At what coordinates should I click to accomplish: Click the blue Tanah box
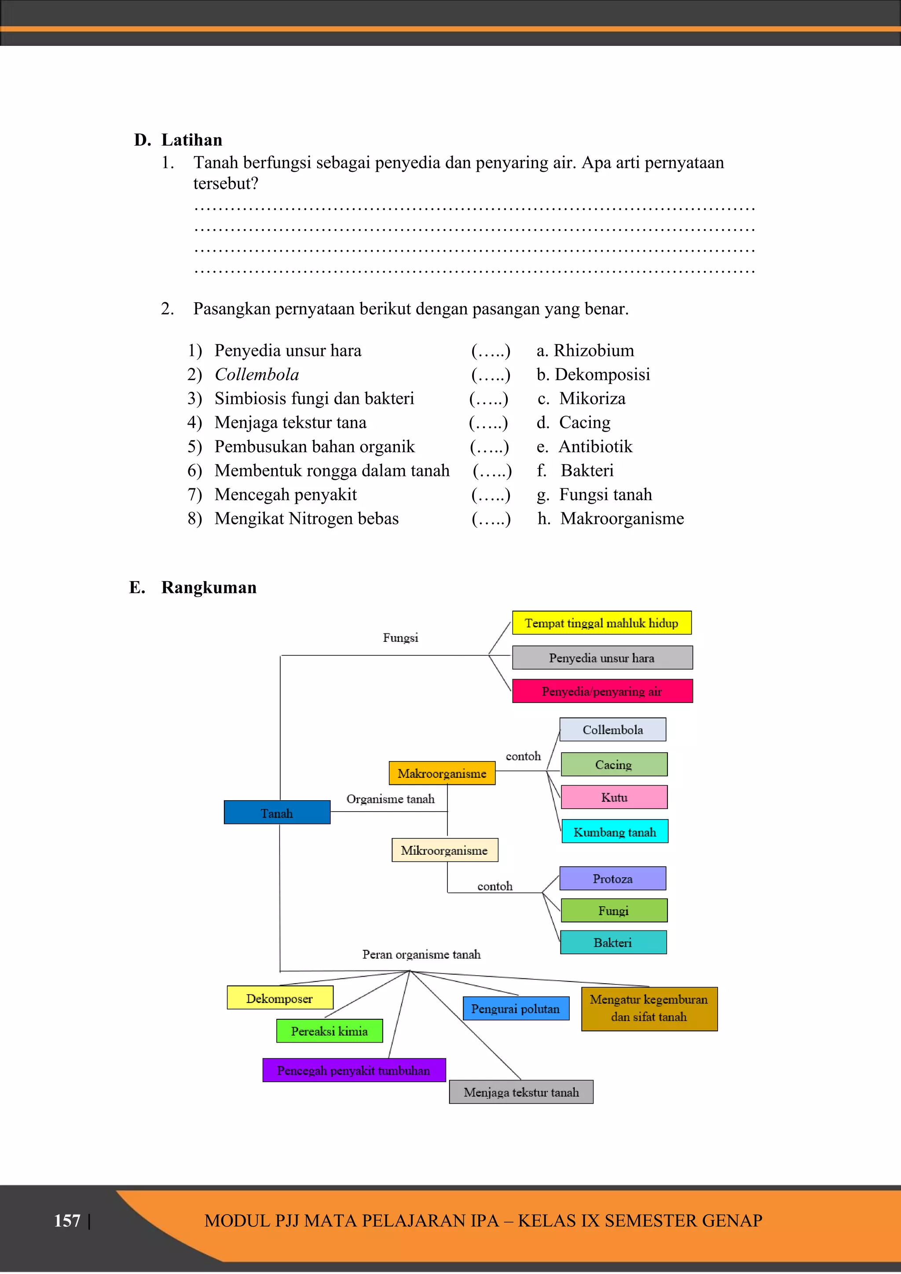pyautogui.click(x=277, y=813)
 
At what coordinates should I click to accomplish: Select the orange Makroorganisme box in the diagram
pyautogui.click(x=442, y=773)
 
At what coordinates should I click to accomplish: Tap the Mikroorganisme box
pyautogui.click(x=444, y=850)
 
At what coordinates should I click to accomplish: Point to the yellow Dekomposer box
pyautogui.click(x=280, y=998)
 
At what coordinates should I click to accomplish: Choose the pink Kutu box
pyautogui.click(x=614, y=798)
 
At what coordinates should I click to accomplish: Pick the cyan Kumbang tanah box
pyautogui.click(x=615, y=832)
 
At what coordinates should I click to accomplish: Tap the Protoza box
pyautogui.click(x=612, y=879)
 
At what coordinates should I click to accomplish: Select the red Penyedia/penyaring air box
pyautogui.click(x=602, y=692)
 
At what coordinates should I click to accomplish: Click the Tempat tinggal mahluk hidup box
pyautogui.click(x=601, y=623)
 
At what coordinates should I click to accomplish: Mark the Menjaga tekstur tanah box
pyautogui.click(x=521, y=1092)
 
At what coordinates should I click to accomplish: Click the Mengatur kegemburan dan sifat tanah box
pyautogui.click(x=649, y=1008)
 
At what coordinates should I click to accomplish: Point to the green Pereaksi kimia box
pyautogui.click(x=330, y=1031)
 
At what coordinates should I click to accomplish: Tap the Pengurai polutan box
pyautogui.click(x=516, y=1009)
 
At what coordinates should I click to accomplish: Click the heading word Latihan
pyautogui.click(x=191, y=140)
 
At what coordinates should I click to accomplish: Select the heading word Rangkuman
pyautogui.click(x=209, y=587)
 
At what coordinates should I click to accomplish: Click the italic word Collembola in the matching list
pyautogui.click(x=257, y=374)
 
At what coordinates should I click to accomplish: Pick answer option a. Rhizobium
pyautogui.click(x=585, y=351)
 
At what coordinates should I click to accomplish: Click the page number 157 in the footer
pyautogui.click(x=67, y=1221)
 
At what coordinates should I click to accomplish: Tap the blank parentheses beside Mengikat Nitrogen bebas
pyautogui.click(x=491, y=519)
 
